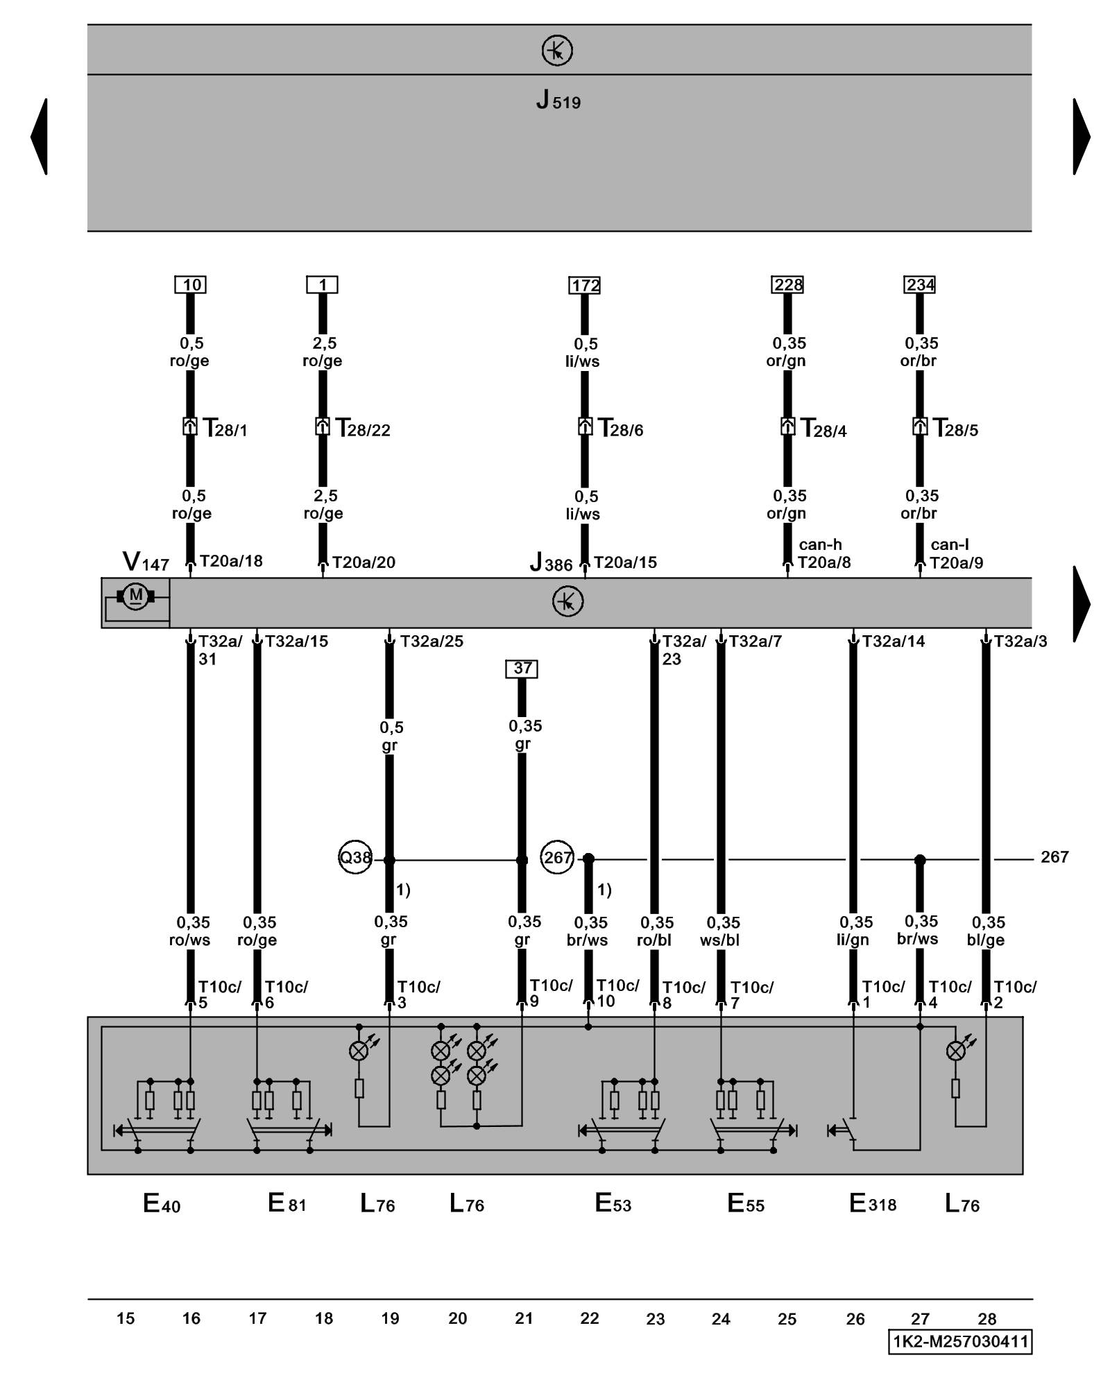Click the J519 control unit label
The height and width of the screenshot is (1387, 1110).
[x=558, y=101]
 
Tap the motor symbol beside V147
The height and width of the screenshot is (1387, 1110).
[x=136, y=596]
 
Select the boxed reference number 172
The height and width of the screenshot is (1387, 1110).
[x=585, y=285]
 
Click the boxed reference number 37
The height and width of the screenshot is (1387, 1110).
[x=522, y=669]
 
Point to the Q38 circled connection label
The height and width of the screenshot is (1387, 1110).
[x=355, y=858]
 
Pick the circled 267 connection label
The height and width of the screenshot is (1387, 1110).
[x=558, y=858]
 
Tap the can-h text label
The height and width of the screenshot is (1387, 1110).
[x=820, y=545]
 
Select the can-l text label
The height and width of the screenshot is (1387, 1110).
[x=950, y=545]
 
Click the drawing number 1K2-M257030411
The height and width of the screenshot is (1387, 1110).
[x=960, y=1341]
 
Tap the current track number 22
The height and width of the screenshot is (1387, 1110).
[x=590, y=1318]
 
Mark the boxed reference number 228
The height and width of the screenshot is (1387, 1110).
[x=788, y=285]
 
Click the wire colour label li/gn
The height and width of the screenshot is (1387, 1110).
[x=853, y=940]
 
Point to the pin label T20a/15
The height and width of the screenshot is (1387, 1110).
[x=625, y=562]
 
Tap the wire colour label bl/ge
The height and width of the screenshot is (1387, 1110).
[x=986, y=940]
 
